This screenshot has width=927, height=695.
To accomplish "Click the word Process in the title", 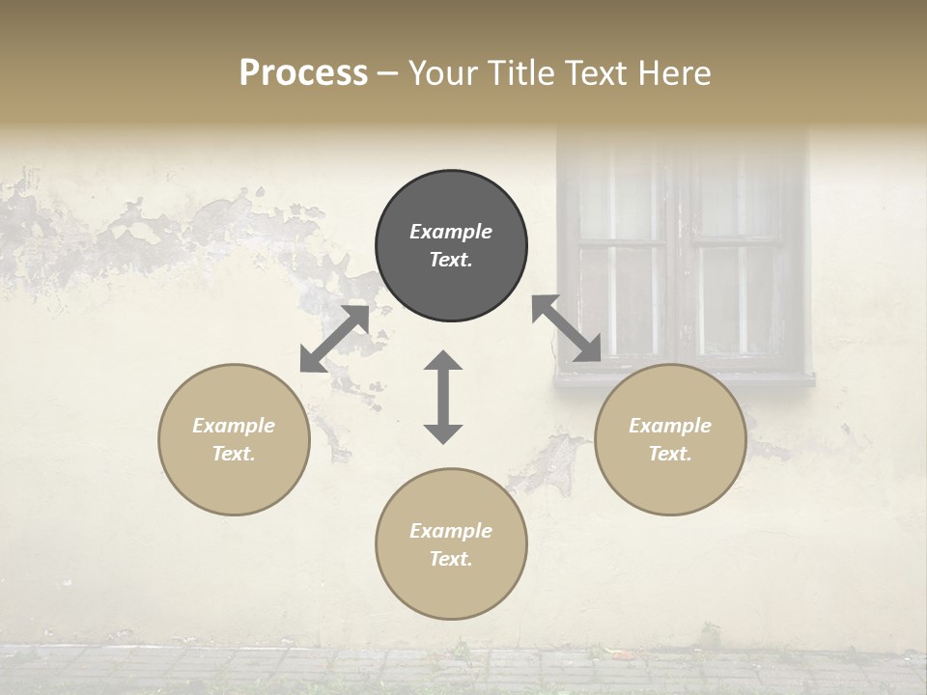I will coord(303,73).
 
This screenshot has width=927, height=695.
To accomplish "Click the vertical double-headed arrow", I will coord(443,397).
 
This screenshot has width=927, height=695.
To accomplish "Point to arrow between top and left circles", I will coord(334,339).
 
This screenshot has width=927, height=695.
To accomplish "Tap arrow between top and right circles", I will coord(567,329).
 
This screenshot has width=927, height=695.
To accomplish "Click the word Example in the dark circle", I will coord(451,232).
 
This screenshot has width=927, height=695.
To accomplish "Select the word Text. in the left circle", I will coord(234,454).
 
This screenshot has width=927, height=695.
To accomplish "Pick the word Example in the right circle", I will coord(670,426).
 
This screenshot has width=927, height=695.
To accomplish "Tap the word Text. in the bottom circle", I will coord(451,559).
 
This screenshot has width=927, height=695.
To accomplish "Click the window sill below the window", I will coord(684,379).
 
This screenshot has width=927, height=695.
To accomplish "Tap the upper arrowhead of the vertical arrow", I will coord(443,362).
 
